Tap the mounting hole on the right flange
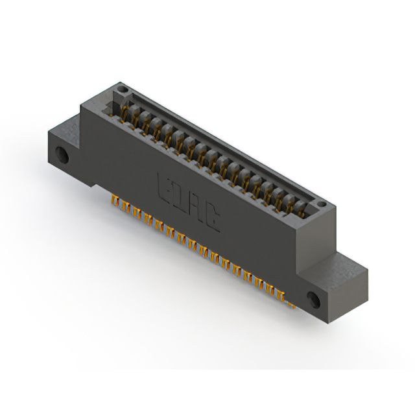pos(314,299)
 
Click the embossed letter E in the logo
pos(166,187)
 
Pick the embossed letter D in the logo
pos(181,196)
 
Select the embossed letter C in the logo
pos(213,219)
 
